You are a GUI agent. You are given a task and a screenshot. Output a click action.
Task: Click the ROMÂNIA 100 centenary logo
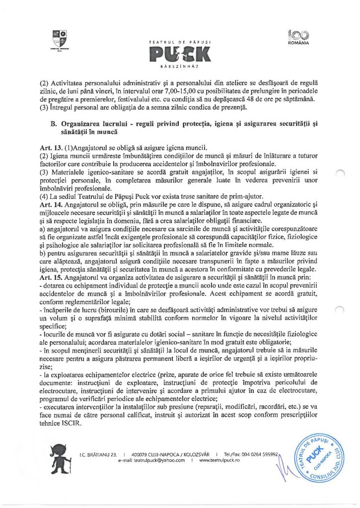point(298,37)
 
